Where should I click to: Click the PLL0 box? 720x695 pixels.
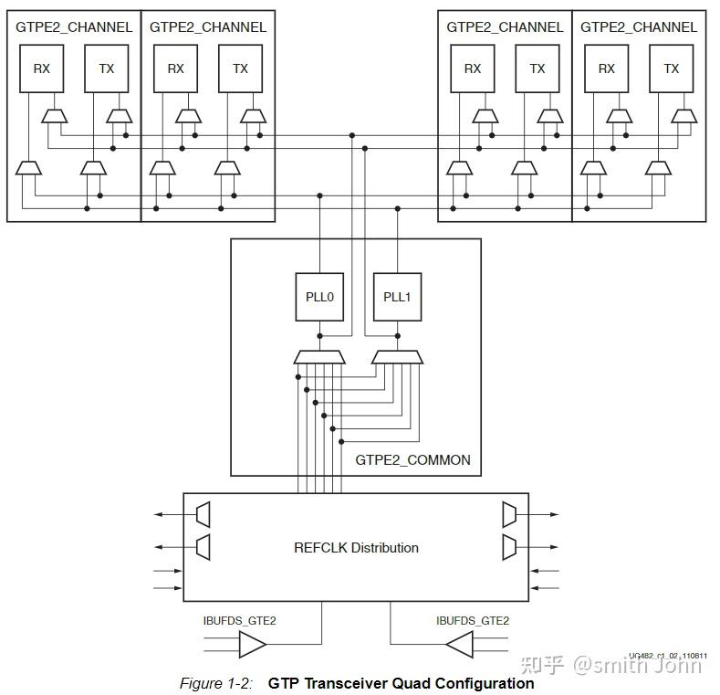pyautogui.click(x=319, y=297)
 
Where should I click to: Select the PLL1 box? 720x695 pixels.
pyautogui.click(x=397, y=297)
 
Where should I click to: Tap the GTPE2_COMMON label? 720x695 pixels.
pyautogui.click(x=412, y=459)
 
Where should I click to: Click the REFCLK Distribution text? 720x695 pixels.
pyautogui.click(x=356, y=548)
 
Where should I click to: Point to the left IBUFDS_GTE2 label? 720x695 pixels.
pyautogui.click(x=239, y=621)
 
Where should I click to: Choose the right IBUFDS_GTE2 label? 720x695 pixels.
pyautogui.click(x=473, y=621)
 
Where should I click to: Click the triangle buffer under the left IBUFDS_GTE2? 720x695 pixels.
pyautogui.click(x=252, y=647)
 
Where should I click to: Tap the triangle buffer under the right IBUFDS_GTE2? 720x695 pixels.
pyautogui.click(x=459, y=647)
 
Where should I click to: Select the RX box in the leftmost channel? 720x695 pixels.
pyautogui.click(x=42, y=68)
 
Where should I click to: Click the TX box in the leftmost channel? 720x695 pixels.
pyautogui.click(x=107, y=68)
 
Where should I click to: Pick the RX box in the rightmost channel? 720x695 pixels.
pyautogui.click(x=607, y=68)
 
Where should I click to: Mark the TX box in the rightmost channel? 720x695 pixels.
pyautogui.click(x=672, y=68)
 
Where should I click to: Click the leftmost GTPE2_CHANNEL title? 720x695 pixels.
pyautogui.click(x=74, y=27)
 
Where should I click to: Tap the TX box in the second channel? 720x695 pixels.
pyautogui.click(x=240, y=68)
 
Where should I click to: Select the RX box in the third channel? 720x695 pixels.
pyautogui.click(x=473, y=68)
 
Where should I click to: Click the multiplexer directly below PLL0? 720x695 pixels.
pyautogui.click(x=319, y=356)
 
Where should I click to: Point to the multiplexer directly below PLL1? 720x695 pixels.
pyautogui.click(x=397, y=356)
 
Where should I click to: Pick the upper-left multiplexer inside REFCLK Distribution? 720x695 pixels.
pyautogui.click(x=203, y=514)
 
